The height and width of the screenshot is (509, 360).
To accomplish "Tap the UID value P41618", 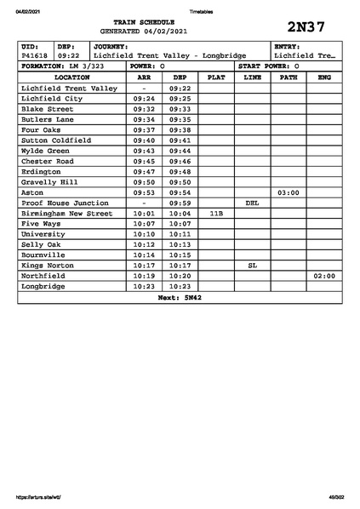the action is (35, 55).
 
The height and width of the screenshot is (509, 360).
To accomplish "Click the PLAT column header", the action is (216, 77).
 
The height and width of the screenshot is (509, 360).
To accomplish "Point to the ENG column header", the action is (323, 77).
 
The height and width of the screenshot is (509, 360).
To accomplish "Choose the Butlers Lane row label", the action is (48, 119).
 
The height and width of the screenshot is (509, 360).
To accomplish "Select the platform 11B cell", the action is (216, 214).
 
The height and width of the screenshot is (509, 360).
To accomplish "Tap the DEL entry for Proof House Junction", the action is (252, 203).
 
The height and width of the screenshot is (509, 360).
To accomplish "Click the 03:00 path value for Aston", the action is (288, 193).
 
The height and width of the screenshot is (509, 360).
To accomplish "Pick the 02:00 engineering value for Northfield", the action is (323, 277).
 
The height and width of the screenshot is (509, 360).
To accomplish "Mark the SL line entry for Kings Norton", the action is (252, 266).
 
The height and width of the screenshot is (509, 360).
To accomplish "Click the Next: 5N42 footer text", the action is (180, 298).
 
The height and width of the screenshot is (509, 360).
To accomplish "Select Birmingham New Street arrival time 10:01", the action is (144, 214).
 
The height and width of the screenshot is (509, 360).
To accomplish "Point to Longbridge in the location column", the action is (46, 287).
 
